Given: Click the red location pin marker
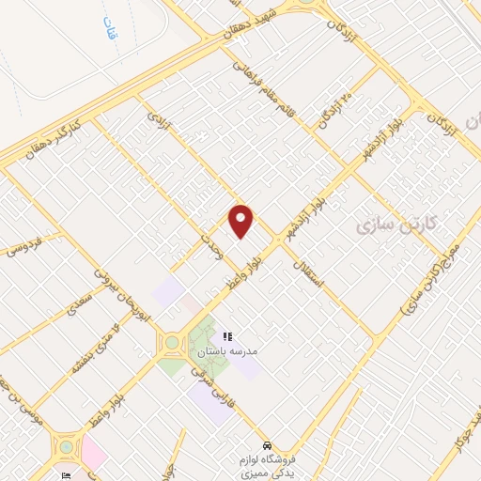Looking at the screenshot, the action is (x=241, y=221).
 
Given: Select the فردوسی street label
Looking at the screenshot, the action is (x=23, y=246).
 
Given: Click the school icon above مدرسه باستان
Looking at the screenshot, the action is (x=226, y=335).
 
